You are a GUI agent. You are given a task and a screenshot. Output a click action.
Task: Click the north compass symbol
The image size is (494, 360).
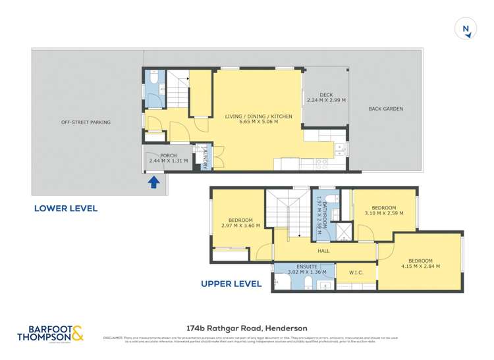pos(466,29)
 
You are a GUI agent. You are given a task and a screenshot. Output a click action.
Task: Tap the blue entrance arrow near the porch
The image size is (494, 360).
pos(153,182)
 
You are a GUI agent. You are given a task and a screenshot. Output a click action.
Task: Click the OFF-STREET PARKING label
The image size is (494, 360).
pos(86,122)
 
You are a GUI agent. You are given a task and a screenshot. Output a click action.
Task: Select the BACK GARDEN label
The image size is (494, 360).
pos(385,109)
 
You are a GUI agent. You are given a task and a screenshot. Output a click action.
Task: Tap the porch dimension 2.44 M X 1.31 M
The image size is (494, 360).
pos(169,161)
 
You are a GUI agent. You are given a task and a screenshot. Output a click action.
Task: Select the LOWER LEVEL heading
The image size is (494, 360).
pos(66,209)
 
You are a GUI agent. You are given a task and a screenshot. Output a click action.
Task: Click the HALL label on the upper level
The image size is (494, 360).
pos(323,250)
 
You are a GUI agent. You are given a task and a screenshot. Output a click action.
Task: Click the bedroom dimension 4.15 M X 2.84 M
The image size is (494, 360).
pos(419,266)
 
